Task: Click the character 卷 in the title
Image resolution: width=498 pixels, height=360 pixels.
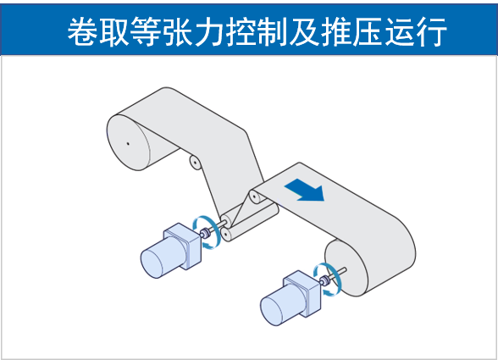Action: point(83,31)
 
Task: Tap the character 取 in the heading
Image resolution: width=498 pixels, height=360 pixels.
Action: point(114,31)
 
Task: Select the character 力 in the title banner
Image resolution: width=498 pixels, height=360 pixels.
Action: point(209,31)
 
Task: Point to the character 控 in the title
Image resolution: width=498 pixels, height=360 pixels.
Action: point(241,31)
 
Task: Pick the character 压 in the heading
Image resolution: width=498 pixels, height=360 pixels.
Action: point(368,31)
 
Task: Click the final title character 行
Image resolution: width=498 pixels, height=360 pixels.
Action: point(431,31)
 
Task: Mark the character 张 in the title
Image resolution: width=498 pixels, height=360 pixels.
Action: point(178,31)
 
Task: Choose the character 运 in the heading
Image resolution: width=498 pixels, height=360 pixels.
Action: point(400,31)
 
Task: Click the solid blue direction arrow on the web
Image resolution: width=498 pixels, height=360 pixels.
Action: point(306,190)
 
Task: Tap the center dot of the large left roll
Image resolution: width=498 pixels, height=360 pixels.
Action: point(128,144)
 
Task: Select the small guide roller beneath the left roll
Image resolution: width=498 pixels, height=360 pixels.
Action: point(195,163)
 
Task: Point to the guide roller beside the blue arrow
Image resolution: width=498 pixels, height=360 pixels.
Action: point(255,197)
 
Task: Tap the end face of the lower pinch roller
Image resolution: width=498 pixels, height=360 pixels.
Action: point(226,235)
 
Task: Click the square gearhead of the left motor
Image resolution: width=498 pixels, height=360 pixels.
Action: point(183,246)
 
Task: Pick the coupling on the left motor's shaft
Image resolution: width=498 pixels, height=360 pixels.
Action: point(206,234)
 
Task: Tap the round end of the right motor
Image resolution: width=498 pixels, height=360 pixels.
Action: point(272,310)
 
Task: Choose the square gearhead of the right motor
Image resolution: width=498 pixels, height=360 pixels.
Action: point(302,293)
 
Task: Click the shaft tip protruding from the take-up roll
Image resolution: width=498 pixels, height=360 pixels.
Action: point(344,270)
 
